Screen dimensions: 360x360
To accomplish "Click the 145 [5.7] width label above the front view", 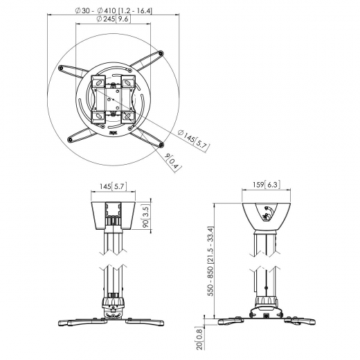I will pos(113,186).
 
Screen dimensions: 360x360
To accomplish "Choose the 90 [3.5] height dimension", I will pos(147,216).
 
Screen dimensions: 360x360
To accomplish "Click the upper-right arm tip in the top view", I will pos(161,53).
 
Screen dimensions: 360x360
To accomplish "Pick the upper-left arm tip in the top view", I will pos(64,68).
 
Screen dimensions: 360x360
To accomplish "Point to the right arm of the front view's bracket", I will pos(145,321).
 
